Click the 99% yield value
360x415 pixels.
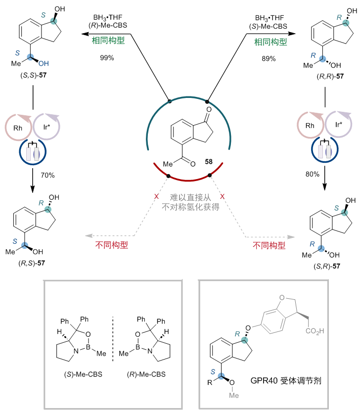click(x=107, y=58)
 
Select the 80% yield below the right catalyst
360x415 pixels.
click(x=306, y=175)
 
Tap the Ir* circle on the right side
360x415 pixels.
click(x=339, y=126)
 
